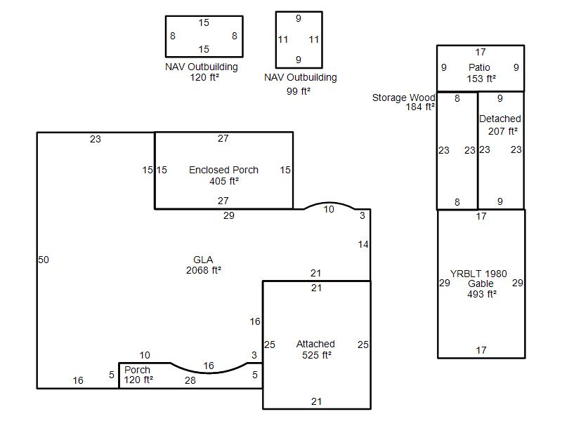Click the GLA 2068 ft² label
203,265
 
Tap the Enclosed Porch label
223,170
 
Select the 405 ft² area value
224,181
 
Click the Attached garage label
315,344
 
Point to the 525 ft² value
317,355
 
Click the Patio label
479,67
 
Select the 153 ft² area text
481,79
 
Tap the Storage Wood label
403,98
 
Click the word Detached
500,119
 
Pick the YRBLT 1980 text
478,274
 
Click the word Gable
481,283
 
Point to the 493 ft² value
482,294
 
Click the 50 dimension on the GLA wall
44,260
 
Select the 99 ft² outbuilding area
298,91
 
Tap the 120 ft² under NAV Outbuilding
204,77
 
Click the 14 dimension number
363,244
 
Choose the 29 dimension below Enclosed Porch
229,215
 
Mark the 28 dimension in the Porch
190,380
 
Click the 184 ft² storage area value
420,107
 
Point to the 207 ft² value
503,131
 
